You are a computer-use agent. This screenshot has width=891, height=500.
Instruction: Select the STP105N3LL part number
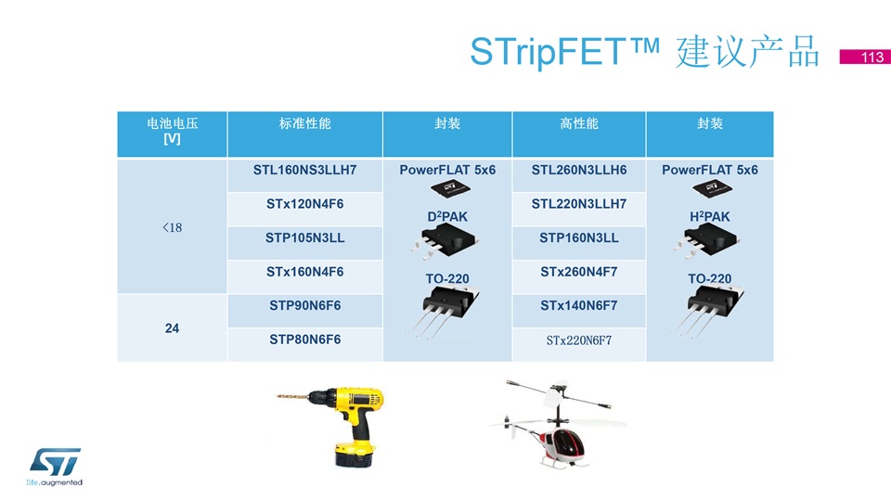coord(304,238)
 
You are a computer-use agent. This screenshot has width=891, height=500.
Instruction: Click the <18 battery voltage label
coord(172,227)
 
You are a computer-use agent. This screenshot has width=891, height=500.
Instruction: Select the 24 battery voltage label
coord(172,328)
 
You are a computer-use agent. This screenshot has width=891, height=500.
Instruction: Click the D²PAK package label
coord(447,216)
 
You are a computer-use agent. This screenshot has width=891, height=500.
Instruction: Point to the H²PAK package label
coord(709,216)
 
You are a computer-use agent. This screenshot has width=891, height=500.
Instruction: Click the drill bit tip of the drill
coord(278,396)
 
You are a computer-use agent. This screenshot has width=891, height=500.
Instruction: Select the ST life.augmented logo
coord(55,467)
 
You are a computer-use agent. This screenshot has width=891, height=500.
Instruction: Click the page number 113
coord(872,57)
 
